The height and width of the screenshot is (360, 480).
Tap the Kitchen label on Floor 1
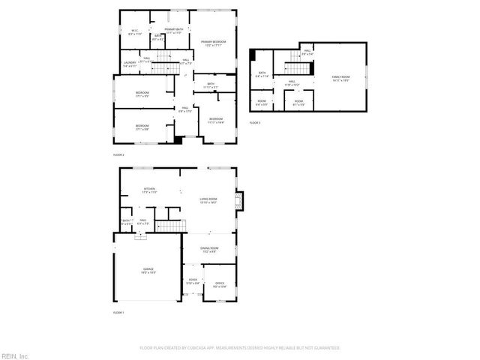(149, 190)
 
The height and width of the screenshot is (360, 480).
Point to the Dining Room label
(209, 250)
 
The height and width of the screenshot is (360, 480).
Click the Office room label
(220, 285)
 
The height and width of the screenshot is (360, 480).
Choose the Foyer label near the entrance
(192, 281)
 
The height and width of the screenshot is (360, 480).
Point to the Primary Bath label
(175, 31)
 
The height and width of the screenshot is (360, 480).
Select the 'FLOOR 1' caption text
(118, 311)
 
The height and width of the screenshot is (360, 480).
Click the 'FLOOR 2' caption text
(118, 154)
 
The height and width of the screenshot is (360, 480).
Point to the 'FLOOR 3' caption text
(255, 122)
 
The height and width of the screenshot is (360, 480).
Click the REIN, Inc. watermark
(15, 355)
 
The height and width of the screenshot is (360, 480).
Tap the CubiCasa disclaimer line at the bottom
(240, 348)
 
